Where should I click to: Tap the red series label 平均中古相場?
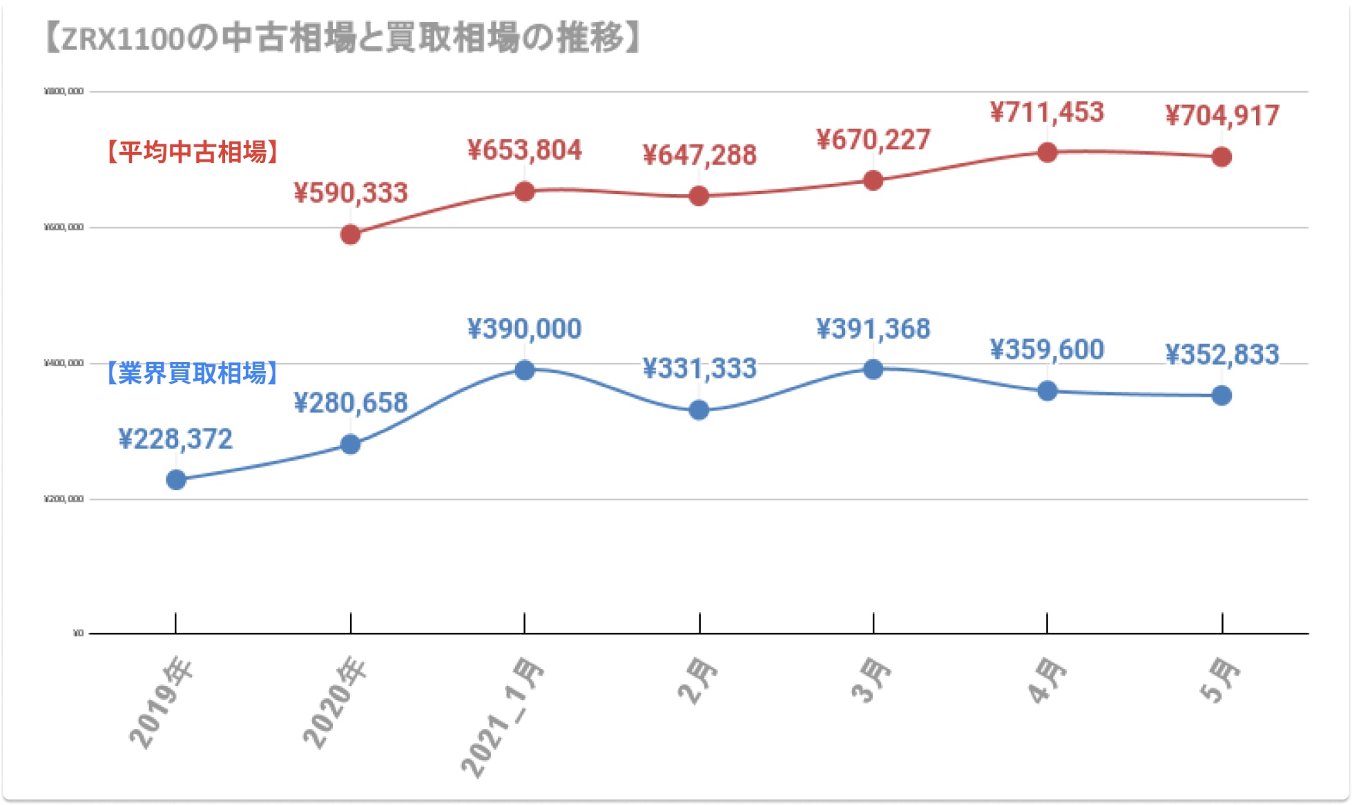[193, 152]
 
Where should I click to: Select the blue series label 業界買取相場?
[193, 373]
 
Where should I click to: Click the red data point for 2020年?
[351, 235]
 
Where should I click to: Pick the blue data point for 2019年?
[176, 480]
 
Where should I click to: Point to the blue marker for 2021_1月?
[525, 370]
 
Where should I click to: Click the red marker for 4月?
[1047, 153]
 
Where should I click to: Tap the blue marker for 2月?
[699, 410]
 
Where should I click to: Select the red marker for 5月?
[1221, 157]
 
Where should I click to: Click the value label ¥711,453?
[1047, 112]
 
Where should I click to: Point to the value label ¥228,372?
[175, 439]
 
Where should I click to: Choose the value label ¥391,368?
[873, 329]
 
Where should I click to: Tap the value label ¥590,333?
[351, 193]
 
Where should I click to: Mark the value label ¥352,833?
[1222, 354]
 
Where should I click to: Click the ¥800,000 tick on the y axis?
[64, 91]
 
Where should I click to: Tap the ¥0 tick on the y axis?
[78, 633]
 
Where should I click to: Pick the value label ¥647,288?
[699, 155]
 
